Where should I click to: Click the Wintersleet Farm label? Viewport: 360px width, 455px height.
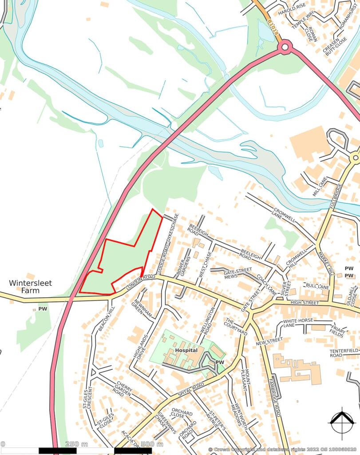(24, 287)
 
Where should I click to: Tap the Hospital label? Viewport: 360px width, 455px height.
(186, 351)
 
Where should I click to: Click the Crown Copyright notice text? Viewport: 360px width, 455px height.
(283, 450)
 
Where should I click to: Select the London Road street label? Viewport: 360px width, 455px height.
(141, 283)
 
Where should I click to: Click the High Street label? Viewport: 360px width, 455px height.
(305, 303)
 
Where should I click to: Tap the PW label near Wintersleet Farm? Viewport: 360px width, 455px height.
(43, 308)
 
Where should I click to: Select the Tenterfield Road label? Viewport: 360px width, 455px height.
(343, 353)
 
